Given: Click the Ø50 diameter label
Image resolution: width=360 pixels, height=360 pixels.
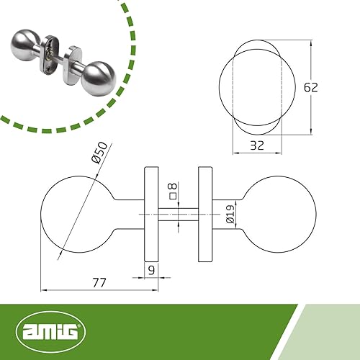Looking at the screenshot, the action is [99, 153].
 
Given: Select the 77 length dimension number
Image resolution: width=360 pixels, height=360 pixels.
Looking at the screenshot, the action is [99, 283].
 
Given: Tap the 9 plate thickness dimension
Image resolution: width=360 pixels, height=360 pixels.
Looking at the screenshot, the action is [151, 270].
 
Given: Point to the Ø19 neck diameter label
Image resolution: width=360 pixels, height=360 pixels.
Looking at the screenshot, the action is [230, 214].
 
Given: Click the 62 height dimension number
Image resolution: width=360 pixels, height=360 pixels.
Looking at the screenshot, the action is [311, 87].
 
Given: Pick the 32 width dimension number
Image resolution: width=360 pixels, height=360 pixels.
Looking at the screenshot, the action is [257, 145].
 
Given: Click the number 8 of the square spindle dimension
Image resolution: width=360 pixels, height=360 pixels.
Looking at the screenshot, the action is [173, 186].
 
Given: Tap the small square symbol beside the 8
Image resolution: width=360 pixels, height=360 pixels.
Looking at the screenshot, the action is [173, 196].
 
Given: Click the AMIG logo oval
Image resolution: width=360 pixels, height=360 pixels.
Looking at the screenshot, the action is [50, 331].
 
